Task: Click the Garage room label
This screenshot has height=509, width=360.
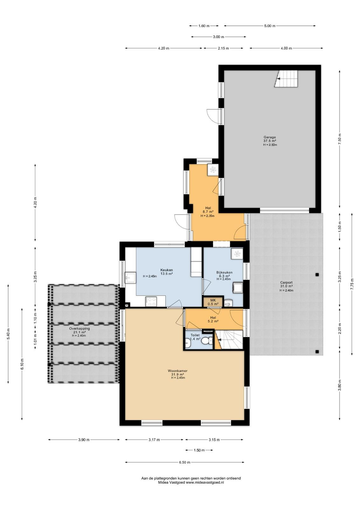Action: [x=270, y=137]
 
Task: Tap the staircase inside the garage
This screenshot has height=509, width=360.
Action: [x=286, y=79]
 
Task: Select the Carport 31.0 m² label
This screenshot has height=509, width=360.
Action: [x=286, y=284]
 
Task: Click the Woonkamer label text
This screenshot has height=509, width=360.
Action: [x=178, y=371]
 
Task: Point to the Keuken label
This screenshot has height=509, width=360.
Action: [x=167, y=270]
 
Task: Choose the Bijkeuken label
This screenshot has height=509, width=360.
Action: [x=224, y=272]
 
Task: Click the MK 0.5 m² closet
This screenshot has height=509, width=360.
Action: [x=213, y=302]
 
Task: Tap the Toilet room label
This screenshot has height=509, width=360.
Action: [x=195, y=335]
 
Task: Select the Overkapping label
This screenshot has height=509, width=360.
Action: [x=79, y=328]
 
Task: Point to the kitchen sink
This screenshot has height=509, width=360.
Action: [x=130, y=278]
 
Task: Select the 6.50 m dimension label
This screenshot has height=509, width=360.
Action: [x=185, y=462]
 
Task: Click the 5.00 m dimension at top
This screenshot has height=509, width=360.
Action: [x=270, y=26]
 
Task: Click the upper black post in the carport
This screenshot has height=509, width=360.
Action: [x=317, y=274]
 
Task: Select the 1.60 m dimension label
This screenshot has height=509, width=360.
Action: [x=204, y=26]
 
